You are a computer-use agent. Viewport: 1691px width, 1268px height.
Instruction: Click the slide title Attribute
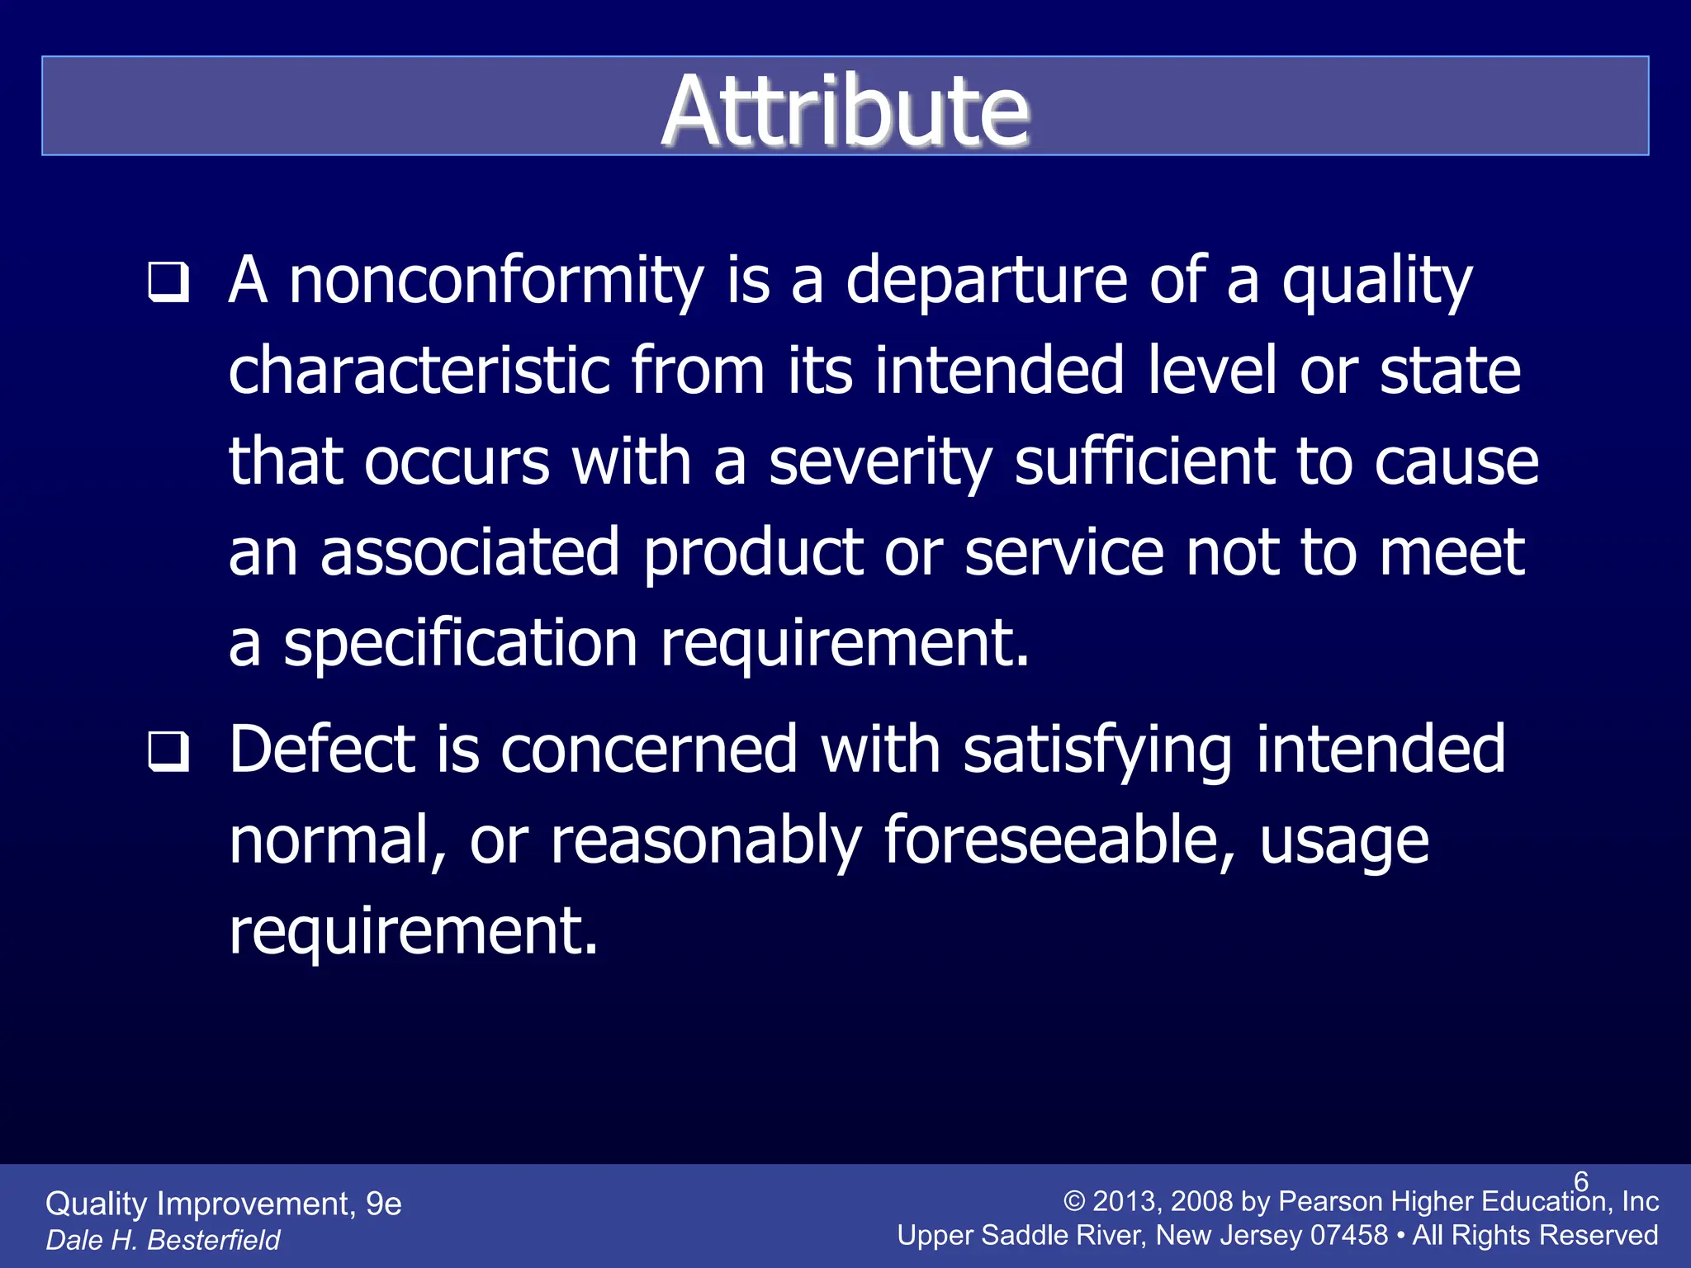click(845, 111)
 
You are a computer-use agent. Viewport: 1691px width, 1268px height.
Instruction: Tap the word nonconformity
click(495, 281)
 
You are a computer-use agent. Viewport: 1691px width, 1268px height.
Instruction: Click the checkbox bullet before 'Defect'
click(169, 751)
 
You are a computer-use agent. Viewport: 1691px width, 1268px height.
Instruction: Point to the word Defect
click(321, 750)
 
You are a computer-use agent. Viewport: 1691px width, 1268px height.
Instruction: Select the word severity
click(879, 462)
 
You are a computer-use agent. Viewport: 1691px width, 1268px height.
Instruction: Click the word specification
click(460, 644)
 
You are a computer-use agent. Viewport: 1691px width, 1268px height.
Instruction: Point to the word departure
click(987, 281)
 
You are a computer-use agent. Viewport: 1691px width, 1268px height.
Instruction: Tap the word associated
click(470, 552)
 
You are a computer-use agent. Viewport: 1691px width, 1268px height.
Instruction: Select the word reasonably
click(706, 840)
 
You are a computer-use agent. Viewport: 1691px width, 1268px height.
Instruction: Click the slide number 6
click(1580, 1181)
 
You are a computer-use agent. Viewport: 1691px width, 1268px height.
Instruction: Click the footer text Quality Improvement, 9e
click(223, 1204)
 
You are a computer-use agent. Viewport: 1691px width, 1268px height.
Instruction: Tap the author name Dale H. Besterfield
click(163, 1240)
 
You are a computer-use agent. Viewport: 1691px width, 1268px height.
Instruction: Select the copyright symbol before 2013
click(1073, 1201)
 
